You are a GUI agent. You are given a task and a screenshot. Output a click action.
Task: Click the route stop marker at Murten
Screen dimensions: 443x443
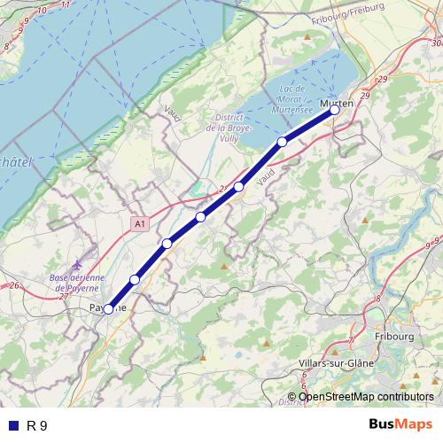[x=335, y=111]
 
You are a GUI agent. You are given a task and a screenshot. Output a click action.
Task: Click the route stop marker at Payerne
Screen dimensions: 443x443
[x=108, y=309]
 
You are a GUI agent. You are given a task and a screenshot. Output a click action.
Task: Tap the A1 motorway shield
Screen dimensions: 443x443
[x=139, y=225]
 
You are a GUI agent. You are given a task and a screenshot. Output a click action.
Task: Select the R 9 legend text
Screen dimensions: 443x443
[x=36, y=425]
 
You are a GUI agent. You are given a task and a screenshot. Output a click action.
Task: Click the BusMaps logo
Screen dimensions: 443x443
[x=400, y=424]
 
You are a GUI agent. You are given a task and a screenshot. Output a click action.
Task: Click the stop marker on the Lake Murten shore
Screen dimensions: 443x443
[x=282, y=142]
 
